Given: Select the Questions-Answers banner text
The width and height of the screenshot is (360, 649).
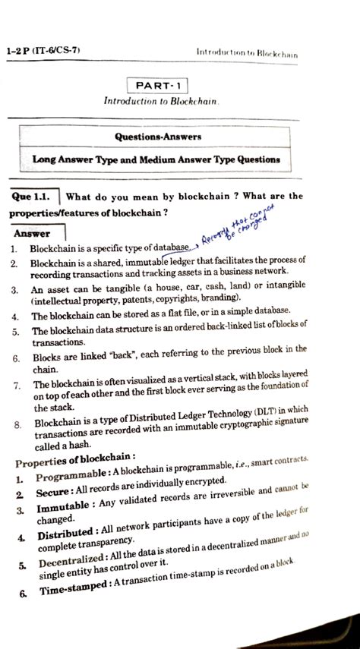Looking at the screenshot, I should pos(158,137).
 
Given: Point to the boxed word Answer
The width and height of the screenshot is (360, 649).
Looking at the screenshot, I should pos(31,233).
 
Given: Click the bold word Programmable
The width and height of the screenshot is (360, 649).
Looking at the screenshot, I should pos(72,479).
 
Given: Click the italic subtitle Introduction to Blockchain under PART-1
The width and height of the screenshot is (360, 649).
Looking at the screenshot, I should pos(157,101).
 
